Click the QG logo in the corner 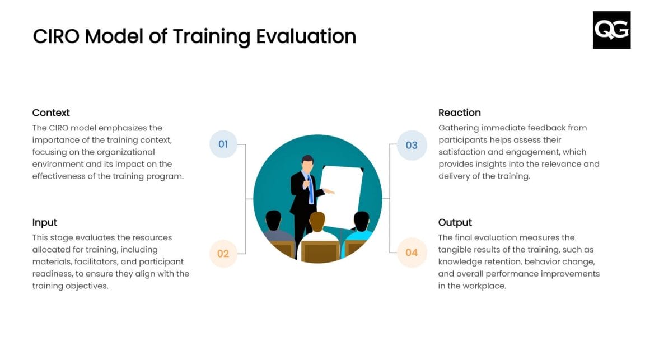[611, 30]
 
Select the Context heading [51, 113]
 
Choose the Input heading [45, 222]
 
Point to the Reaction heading [459, 113]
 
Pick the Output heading [455, 222]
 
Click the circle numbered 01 [223, 144]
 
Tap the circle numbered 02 [223, 254]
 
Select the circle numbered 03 [412, 145]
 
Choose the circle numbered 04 [412, 253]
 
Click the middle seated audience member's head [317, 222]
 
